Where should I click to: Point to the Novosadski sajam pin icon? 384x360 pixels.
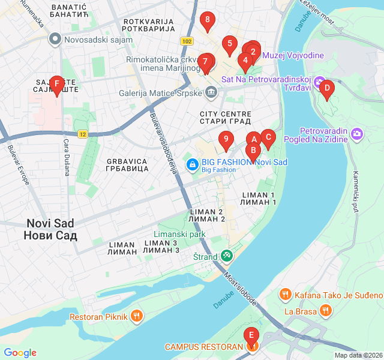[x=55, y=40]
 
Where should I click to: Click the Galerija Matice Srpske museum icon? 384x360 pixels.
[x=211, y=92]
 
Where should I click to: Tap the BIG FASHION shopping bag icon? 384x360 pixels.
[x=192, y=163]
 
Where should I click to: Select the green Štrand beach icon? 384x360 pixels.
[x=226, y=257]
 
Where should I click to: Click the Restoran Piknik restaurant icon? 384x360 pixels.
[x=137, y=316]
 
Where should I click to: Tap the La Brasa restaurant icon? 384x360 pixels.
[x=325, y=310]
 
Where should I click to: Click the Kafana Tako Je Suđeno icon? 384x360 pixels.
[x=285, y=295]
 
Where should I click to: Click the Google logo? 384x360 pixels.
[x=20, y=353]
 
